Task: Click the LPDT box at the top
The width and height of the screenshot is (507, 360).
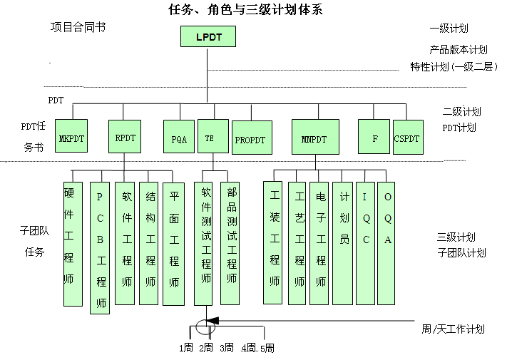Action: pos(208,36)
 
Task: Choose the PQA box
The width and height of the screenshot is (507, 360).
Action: pos(178,138)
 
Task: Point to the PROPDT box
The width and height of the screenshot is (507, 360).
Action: pos(251,138)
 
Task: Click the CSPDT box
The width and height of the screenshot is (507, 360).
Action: pos(407,138)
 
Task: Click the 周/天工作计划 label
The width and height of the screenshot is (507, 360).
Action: pos(452,329)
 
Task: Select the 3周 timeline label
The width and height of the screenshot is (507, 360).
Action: pos(227,348)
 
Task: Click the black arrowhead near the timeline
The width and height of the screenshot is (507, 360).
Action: pos(212,322)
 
